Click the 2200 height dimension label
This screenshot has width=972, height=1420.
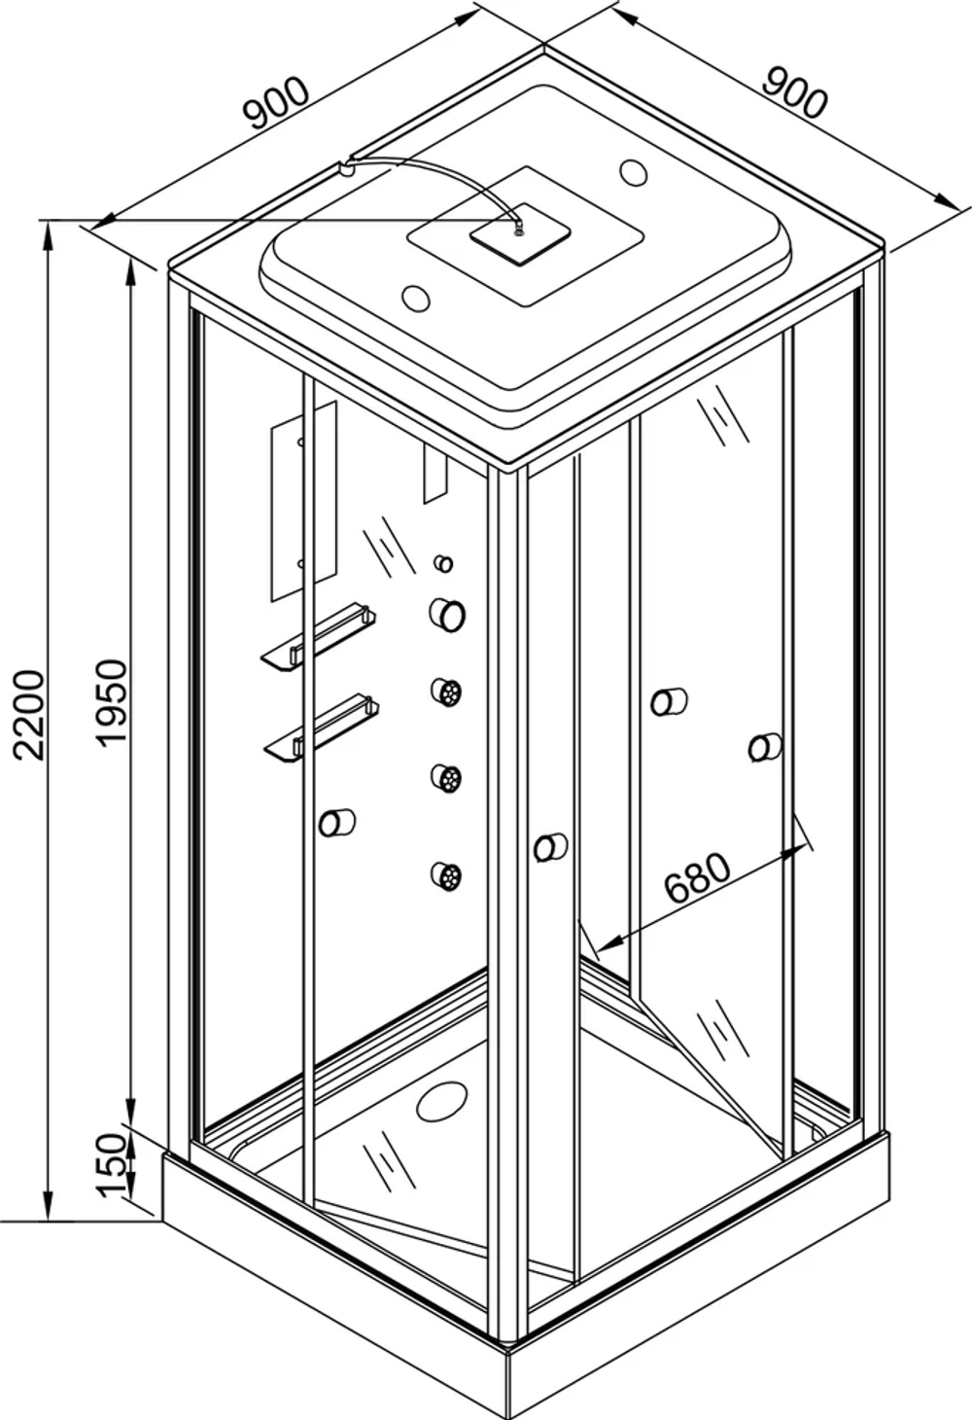point(29,714)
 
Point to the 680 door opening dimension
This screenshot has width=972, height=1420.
point(698,878)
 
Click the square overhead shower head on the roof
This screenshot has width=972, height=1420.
point(520,234)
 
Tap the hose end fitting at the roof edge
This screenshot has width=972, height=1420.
point(345,169)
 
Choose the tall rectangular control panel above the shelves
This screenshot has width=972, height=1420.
point(303,502)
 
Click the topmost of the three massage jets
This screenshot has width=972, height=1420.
point(447,691)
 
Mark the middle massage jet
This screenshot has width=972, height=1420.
point(447,777)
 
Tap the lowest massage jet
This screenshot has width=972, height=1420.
point(446,876)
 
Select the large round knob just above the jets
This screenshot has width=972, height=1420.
point(447,615)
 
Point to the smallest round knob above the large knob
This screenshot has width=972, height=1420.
point(443,562)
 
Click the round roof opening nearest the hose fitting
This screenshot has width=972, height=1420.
point(417,298)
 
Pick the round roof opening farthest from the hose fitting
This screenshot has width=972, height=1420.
point(633,171)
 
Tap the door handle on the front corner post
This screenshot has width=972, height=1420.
point(550,847)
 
